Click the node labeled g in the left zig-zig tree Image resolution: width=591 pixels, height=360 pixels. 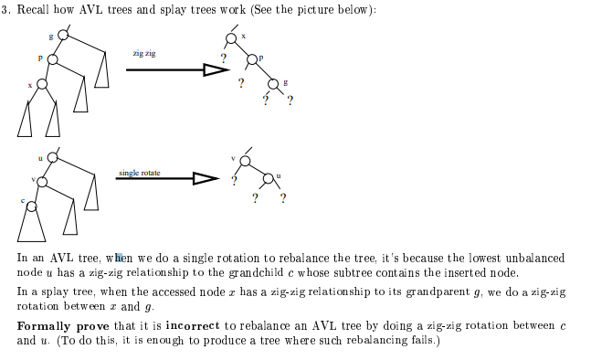(x=62, y=35)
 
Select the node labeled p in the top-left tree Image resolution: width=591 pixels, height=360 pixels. (x=52, y=58)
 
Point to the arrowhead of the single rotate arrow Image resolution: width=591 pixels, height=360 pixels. (x=205, y=180)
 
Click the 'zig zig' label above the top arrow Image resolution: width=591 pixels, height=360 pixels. (x=144, y=54)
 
